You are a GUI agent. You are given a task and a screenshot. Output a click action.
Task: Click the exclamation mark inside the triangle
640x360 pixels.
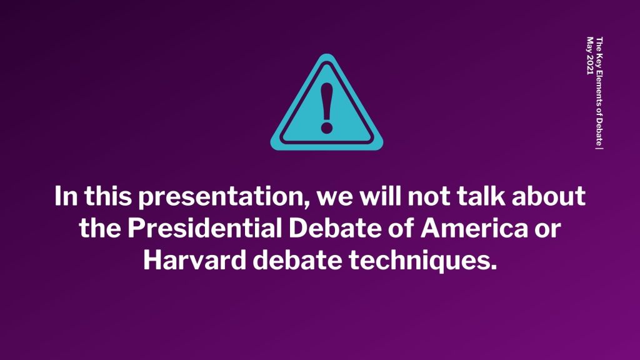[x=326, y=108]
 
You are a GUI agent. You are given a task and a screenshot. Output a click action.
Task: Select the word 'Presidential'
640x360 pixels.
[x=204, y=228]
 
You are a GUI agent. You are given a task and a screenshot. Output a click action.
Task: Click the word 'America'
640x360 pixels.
[x=474, y=228]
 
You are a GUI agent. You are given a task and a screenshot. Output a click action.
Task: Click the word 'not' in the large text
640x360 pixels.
[x=427, y=196]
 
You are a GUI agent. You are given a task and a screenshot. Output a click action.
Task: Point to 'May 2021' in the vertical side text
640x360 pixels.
[x=590, y=56]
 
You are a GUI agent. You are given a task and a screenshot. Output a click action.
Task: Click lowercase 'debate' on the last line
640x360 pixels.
[x=297, y=260]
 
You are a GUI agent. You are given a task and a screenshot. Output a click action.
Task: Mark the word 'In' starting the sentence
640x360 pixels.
[x=66, y=196]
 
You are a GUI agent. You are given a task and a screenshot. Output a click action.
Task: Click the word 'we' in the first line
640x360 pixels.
[x=334, y=198]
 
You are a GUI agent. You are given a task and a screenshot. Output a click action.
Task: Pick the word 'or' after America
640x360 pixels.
[x=548, y=230]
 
